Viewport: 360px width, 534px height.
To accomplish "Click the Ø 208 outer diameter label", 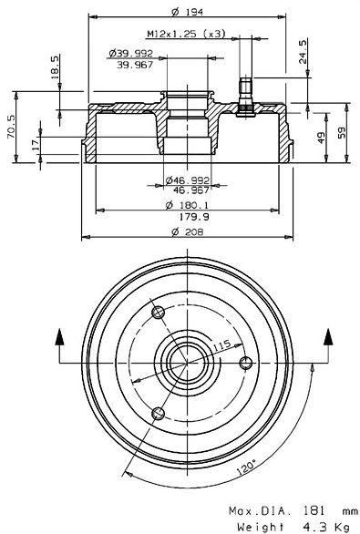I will point(188,234).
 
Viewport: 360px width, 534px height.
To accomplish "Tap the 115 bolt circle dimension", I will point(220,347).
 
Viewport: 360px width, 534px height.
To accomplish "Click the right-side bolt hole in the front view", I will point(244,363).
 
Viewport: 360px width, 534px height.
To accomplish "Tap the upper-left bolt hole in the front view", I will point(159,313).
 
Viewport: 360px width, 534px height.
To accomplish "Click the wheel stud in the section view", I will point(243,96).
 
